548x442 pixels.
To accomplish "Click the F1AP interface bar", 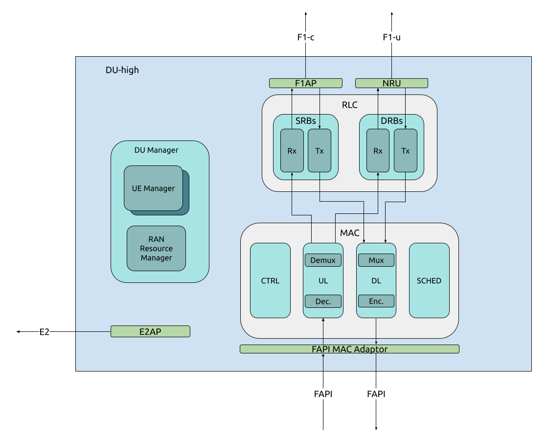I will pos(305,83).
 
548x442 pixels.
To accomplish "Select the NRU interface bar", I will pos(391,83).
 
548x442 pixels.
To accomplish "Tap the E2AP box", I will pos(150,331).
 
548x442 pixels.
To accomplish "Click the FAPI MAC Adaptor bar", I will pos(349,349).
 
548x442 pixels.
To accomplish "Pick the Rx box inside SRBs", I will pos(292,151).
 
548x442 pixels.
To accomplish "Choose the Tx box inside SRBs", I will pos(320,151).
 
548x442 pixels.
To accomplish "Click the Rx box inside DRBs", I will pos(378,151).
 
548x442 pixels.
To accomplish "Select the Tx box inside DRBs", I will pos(406,151).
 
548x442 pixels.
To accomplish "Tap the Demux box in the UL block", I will pos(323,260).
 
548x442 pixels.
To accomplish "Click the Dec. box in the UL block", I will pos(323,301).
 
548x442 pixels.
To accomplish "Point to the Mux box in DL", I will pos(376,260).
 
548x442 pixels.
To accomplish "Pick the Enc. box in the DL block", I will pos(376,301).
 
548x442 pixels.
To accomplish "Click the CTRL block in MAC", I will pos(270,280).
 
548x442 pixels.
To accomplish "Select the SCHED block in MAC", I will pos(429,280).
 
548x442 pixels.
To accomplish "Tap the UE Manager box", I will pos(153,188).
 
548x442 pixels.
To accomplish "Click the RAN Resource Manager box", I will pos(156,248).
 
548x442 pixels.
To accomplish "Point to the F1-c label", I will pos(305,37).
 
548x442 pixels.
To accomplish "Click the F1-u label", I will pos(391,37).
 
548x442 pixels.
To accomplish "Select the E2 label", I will pos(45,331).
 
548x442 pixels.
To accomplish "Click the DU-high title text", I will pos(122,70).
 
